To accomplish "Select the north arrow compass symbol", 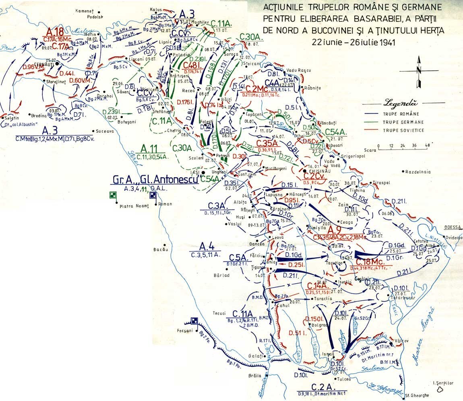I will (x=419, y=73).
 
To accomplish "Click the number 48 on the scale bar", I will (x=427, y=145).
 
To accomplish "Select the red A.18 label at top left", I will (x=55, y=32).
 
